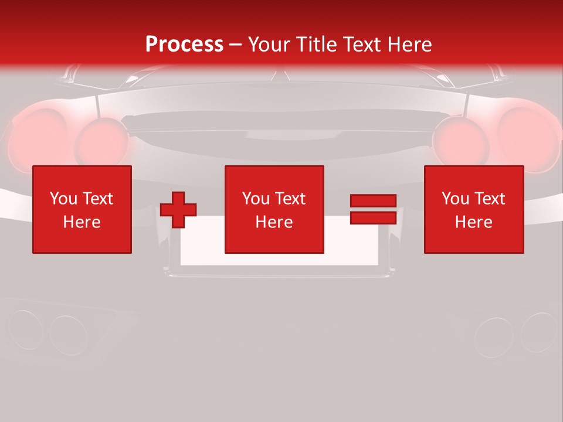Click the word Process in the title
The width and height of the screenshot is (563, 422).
(184, 45)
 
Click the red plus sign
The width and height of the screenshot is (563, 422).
(178, 210)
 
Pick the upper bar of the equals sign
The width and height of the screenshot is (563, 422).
(373, 201)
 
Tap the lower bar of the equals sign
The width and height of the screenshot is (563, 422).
(373, 217)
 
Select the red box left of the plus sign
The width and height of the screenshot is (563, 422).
(82, 209)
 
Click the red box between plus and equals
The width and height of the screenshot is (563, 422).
(274, 209)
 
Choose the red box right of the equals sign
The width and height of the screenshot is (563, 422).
(473, 209)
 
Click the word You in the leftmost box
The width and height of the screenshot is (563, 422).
(63, 199)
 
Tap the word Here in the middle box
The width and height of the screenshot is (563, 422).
(274, 222)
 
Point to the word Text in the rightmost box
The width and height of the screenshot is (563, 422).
(489, 199)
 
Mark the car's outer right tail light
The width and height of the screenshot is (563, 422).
(528, 132)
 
